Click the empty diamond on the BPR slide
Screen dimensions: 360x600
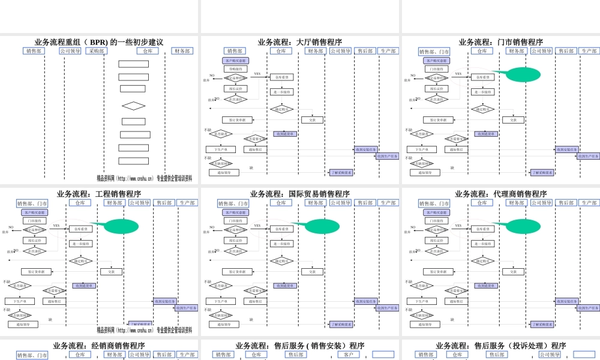click(x=133, y=106)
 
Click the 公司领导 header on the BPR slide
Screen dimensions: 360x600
click(x=70, y=52)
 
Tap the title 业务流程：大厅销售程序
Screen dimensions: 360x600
click(x=300, y=42)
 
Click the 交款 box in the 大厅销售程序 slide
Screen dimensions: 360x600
click(x=312, y=119)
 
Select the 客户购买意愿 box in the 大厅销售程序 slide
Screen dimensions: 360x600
click(x=235, y=61)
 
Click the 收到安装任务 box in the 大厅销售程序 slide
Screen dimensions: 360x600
click(x=366, y=149)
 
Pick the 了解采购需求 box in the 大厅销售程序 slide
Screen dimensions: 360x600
click(x=341, y=172)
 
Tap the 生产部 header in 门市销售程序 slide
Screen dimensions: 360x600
click(x=589, y=52)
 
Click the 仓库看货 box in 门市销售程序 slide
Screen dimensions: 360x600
click(x=482, y=77)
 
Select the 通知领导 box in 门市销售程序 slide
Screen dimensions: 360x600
click(x=425, y=172)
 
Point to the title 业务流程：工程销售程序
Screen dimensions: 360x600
click(x=99, y=194)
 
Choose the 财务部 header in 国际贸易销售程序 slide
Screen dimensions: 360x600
click(x=316, y=203)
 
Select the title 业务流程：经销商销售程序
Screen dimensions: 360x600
click(x=99, y=346)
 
